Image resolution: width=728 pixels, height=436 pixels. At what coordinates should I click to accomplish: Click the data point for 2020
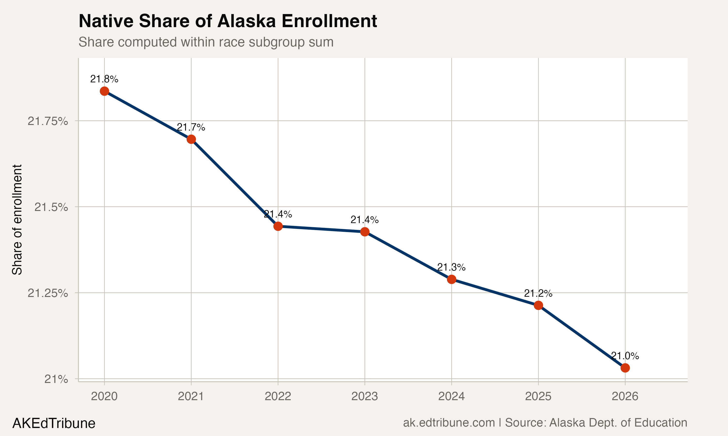coord(104,91)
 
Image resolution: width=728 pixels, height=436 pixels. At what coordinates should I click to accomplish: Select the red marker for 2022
coord(278,226)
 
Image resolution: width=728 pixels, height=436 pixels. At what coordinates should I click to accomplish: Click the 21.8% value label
coord(104,79)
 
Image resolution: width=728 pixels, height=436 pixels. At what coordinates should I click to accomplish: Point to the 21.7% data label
coord(191,127)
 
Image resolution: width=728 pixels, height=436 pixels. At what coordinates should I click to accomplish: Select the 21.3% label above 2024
coord(451,267)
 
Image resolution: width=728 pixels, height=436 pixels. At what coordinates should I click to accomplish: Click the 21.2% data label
coord(538,293)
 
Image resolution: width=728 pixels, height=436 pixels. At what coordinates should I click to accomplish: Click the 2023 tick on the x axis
coord(364,396)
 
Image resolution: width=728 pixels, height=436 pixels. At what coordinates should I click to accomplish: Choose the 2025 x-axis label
coord(538,396)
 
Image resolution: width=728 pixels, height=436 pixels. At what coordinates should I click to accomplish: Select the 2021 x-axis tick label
coord(191,396)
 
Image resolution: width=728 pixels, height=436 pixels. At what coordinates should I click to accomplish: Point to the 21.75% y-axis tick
coord(48,121)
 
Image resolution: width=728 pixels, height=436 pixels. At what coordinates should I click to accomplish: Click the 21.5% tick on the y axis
coord(51,207)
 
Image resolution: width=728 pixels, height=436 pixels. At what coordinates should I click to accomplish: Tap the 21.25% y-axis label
coord(48,293)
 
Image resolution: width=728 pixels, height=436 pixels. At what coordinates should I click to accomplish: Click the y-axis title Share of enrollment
coord(17,219)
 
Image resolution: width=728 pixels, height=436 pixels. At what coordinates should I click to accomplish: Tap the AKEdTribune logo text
coord(54,423)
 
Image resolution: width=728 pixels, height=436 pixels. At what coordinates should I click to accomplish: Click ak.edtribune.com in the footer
coord(449,423)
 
